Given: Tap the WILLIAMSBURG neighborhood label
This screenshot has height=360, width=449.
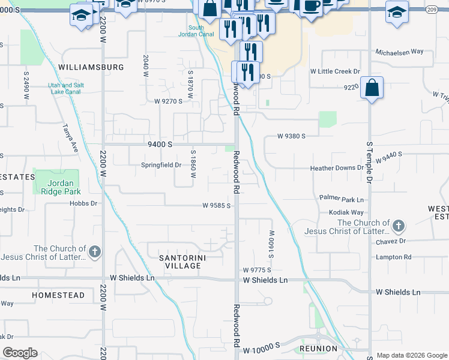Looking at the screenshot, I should (x=91, y=67).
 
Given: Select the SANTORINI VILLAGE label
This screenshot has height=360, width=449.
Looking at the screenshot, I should (x=179, y=261).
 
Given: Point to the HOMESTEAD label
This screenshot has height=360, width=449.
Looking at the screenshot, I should (x=58, y=296).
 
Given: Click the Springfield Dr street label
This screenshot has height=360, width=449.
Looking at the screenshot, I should (x=161, y=165).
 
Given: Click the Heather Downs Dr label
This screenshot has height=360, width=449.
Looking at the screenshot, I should (x=337, y=169).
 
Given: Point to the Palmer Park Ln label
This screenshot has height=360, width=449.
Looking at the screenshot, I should (x=342, y=199).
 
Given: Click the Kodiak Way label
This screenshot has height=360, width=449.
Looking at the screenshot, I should (x=346, y=212).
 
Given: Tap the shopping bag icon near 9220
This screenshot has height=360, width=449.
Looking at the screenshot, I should (x=372, y=88).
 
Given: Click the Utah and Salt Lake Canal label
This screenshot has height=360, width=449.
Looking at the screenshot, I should (x=66, y=88).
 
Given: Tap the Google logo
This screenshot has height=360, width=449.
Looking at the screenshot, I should (x=20, y=353).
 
